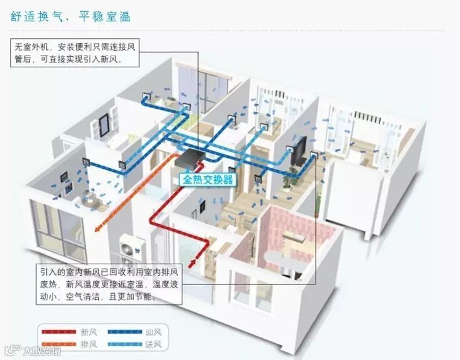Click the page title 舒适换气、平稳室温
click(x=71, y=16)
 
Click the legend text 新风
click(x=88, y=331)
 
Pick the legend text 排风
click(x=88, y=344)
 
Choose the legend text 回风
click(x=154, y=331)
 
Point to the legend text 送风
click(x=154, y=344)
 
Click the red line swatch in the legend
click(x=59, y=332)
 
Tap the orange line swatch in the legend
click(x=59, y=344)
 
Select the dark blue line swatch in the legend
click(x=124, y=332)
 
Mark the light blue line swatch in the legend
click(x=124, y=344)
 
